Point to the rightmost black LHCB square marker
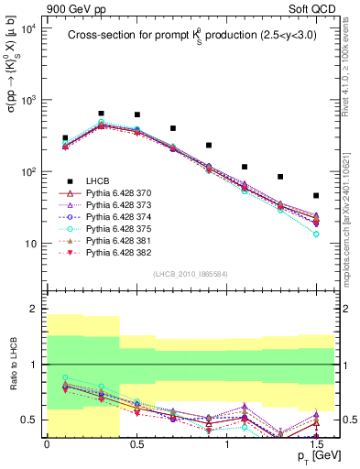point(316,195)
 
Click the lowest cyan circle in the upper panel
point(316,234)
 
